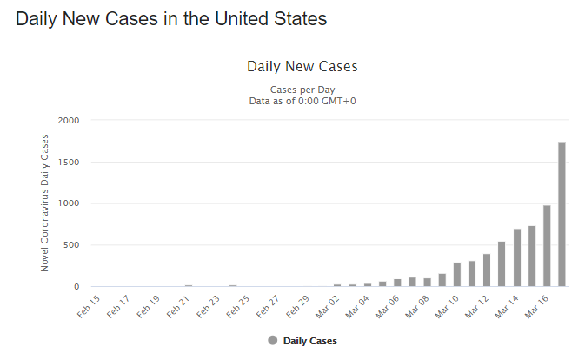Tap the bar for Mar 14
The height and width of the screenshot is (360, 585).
tap(517, 257)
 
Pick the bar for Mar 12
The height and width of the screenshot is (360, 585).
tap(487, 270)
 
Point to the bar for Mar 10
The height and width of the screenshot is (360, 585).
tap(457, 275)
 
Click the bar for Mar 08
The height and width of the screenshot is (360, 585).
tap(428, 282)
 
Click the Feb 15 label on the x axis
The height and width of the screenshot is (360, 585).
tap(88, 306)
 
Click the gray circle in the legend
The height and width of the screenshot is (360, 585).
tap(272, 340)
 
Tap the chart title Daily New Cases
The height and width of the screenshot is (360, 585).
tap(302, 66)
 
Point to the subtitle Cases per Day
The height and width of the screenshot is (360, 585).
tap(302, 90)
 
